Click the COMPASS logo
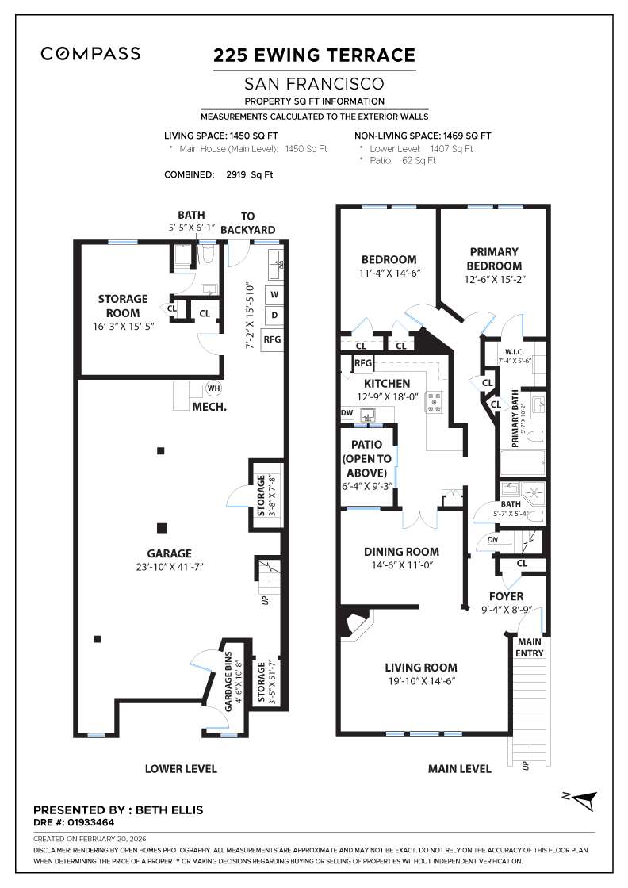click(90, 54)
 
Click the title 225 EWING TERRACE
click(314, 55)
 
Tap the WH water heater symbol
click(213, 388)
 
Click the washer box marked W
click(274, 295)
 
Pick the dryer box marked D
click(274, 316)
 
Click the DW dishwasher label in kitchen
click(347, 413)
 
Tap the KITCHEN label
click(387, 383)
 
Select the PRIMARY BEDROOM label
click(494, 258)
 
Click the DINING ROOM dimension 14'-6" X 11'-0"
click(401, 565)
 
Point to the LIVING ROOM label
click(421, 668)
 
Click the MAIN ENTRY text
click(530, 647)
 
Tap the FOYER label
click(506, 596)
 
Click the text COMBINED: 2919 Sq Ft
click(219, 174)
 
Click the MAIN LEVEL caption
click(459, 768)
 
